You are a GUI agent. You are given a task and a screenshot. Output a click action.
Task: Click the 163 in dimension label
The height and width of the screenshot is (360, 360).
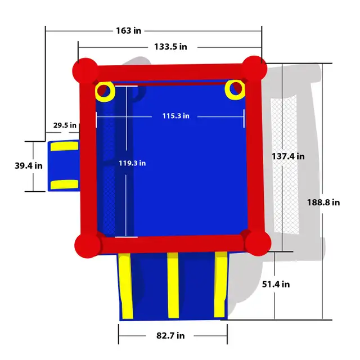pos(129,30)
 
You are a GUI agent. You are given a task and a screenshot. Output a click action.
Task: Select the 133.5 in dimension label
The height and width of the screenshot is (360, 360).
pos(170,47)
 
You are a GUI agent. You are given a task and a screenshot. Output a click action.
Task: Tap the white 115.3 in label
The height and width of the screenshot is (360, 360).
pos(175,116)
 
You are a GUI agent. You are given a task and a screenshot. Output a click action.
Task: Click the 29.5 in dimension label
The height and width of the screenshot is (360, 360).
pos(65,125)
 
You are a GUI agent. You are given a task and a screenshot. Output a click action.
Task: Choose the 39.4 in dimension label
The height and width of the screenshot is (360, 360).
pos(28,165)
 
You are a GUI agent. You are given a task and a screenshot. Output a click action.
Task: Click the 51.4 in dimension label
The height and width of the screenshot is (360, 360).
pos(276,285)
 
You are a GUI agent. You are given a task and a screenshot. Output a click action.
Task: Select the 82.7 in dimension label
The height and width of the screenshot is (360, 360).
pos(170,336)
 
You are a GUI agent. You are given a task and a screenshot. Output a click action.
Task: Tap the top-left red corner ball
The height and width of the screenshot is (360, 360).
pos(84,70)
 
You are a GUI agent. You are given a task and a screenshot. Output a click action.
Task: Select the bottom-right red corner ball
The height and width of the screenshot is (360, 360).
pos(258,242)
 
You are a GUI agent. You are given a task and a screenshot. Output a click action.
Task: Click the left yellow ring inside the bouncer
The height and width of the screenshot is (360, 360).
pos(105,91)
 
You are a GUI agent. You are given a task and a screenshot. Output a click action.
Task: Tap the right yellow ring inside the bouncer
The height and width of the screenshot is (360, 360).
pos(235,89)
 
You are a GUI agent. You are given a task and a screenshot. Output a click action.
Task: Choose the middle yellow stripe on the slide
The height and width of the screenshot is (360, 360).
pos(173,284)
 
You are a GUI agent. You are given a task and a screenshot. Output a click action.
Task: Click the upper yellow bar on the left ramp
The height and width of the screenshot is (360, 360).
pos(64,147)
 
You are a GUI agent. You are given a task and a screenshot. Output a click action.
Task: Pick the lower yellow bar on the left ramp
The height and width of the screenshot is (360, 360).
pos(64,184)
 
